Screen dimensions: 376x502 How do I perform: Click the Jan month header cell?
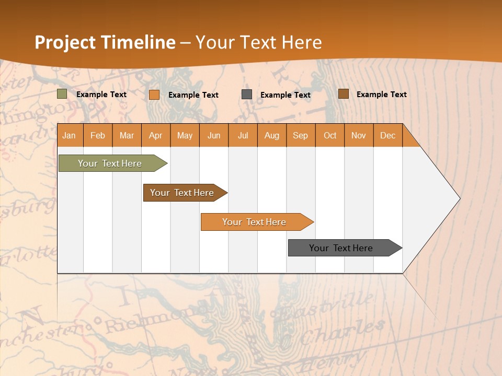(70, 135)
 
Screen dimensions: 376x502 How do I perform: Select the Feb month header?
(98, 135)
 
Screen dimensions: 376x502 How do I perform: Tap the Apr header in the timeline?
(156, 135)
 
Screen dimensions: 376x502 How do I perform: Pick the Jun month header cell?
(214, 135)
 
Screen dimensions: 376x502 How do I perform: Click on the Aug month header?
(272, 135)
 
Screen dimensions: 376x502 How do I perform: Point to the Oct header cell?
(330, 135)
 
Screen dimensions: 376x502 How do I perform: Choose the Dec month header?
(388, 135)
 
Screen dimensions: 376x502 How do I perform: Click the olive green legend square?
(62, 94)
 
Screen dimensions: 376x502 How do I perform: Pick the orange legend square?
(154, 95)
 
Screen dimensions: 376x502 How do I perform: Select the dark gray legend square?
(247, 95)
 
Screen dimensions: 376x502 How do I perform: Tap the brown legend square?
(344, 94)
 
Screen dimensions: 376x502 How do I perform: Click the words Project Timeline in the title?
(105, 42)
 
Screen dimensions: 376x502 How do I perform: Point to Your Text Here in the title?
(259, 42)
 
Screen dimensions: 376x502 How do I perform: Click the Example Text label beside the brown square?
(381, 95)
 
